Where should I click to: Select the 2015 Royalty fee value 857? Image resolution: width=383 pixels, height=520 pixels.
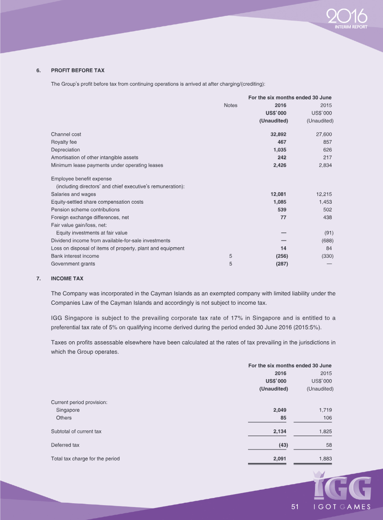pyautogui.click(x=327, y=142)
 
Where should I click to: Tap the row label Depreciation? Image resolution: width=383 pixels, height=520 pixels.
pyautogui.click(x=66, y=150)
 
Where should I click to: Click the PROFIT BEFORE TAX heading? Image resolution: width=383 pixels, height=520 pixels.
pyautogui.click(x=78, y=70)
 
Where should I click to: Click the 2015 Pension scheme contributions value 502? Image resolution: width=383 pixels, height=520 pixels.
pyautogui.click(x=327, y=210)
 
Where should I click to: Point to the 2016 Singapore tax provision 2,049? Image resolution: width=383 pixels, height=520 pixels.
pyautogui.click(x=280, y=411)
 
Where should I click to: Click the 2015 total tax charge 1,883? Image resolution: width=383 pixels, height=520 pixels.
pyautogui.click(x=325, y=459)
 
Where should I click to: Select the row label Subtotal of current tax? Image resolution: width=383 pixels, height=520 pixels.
pyautogui.click(x=76, y=432)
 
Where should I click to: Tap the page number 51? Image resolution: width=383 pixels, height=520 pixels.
pyautogui.click(x=295, y=507)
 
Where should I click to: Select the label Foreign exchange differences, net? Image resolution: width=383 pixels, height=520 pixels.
pyautogui.click(x=90, y=218)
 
